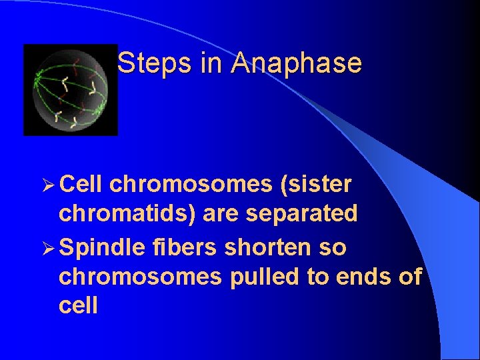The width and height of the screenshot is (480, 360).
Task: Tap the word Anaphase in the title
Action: [x=297, y=63]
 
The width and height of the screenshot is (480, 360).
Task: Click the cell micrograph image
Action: [x=70, y=90]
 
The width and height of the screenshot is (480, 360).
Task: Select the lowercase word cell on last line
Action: [x=78, y=306]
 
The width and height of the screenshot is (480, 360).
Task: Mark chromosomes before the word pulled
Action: [x=140, y=276]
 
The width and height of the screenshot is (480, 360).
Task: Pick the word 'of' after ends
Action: [x=409, y=276]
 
